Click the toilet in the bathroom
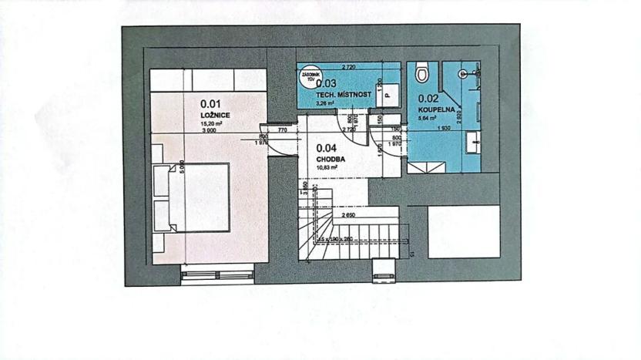pos(421,74)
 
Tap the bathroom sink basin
pos(472,142)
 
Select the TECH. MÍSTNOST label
pos(344,94)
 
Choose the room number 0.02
pos(428,99)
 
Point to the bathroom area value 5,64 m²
pos(428,119)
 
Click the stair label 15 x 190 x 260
pos(348,239)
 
